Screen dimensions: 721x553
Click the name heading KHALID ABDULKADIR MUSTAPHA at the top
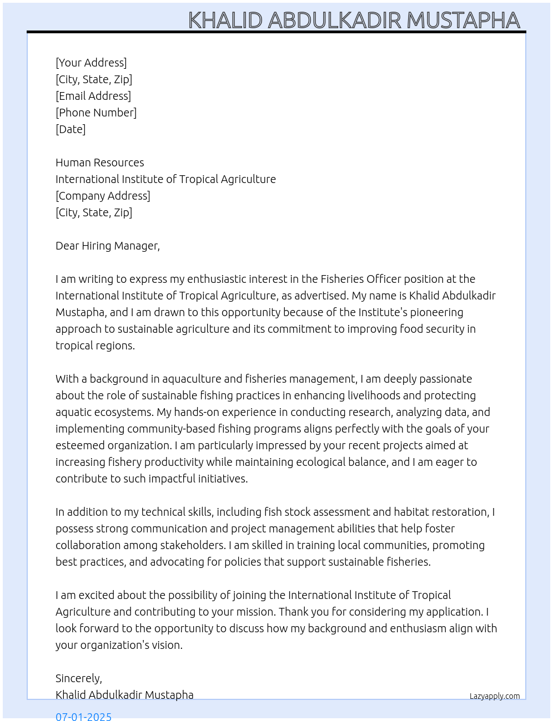(354, 21)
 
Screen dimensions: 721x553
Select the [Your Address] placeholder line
(91, 63)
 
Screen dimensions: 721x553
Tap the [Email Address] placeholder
(93, 96)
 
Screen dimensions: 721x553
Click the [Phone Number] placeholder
(96, 113)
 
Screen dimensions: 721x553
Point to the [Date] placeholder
(71, 129)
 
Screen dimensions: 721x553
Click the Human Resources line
(100, 163)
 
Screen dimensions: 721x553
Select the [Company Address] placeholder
(103, 196)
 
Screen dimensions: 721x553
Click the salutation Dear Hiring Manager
(108, 246)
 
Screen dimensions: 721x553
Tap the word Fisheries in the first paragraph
(342, 279)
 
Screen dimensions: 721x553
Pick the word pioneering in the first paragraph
(436, 312)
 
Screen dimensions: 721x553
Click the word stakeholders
(192, 545)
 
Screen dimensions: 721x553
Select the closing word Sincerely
(78, 678)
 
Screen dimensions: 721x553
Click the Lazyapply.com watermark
(495, 696)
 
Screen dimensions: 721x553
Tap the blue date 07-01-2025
(83, 716)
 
